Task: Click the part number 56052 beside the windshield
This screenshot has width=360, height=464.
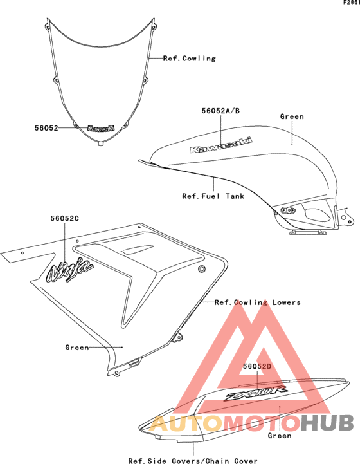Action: click(x=46, y=128)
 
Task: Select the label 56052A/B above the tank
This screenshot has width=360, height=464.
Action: click(x=221, y=111)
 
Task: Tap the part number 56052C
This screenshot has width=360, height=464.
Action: click(x=65, y=218)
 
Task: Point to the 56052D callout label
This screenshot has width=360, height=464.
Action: click(x=257, y=366)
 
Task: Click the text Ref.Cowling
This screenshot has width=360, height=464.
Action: click(x=190, y=59)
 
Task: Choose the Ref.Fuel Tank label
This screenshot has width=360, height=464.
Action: click(x=213, y=196)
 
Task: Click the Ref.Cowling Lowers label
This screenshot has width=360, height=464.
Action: click(x=257, y=302)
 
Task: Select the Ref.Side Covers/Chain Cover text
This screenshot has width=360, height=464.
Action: click(x=193, y=460)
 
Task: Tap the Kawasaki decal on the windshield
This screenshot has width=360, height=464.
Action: click(x=101, y=128)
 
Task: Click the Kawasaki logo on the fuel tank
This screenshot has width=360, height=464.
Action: click(x=221, y=145)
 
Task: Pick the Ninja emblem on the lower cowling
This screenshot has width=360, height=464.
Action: click(x=70, y=270)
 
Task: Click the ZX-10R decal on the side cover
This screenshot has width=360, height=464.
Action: click(x=255, y=394)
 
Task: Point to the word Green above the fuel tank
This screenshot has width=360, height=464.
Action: click(x=292, y=116)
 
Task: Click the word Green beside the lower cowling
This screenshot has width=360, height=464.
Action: click(x=77, y=348)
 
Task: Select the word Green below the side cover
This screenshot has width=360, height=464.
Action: click(x=280, y=436)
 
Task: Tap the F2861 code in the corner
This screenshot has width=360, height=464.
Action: click(x=352, y=3)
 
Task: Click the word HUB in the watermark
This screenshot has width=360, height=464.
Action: click(x=328, y=423)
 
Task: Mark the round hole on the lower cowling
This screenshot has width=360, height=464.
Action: click(x=202, y=269)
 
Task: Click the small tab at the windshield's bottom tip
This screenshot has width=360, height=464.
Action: click(x=101, y=144)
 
